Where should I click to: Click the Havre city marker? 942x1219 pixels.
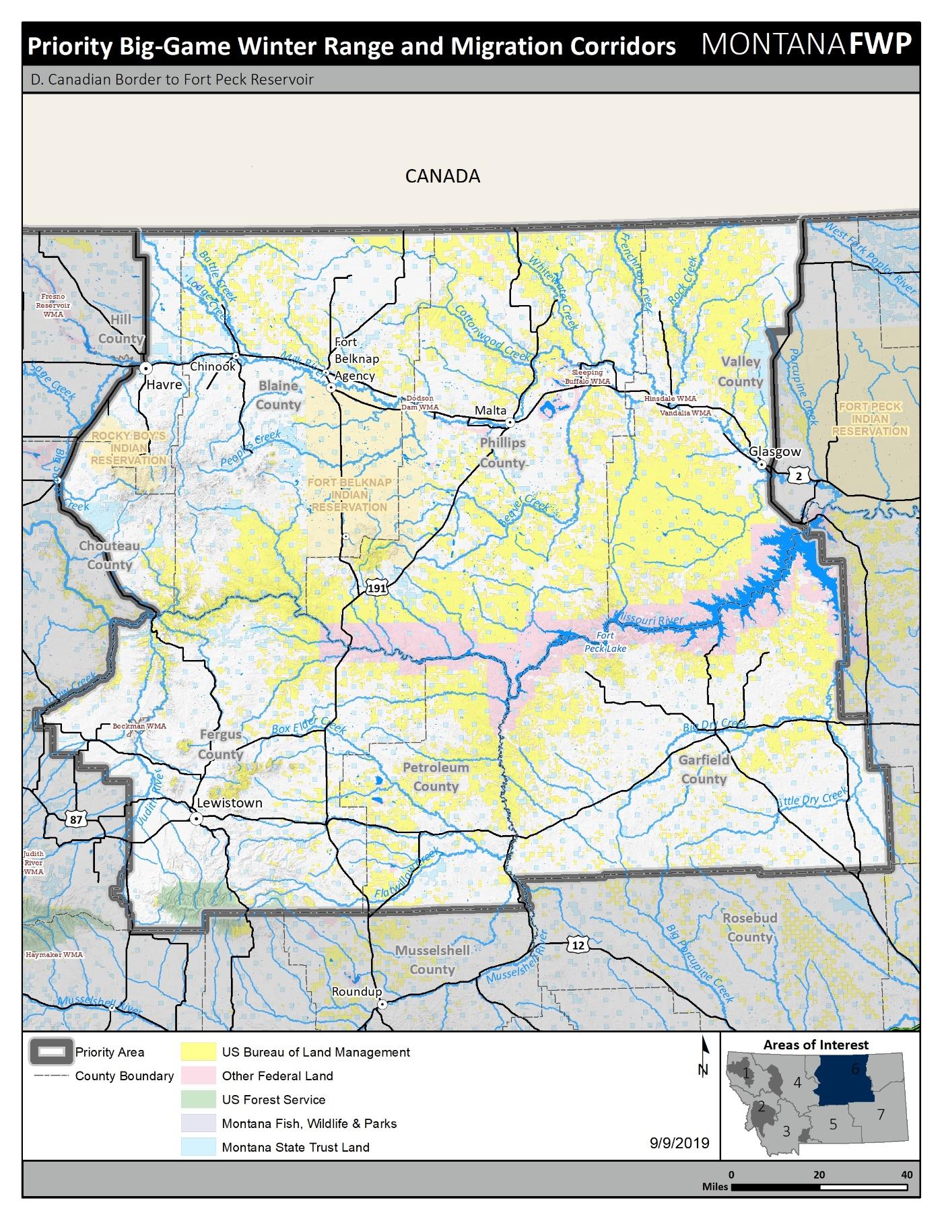[145, 368]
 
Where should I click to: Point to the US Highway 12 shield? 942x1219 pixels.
[578, 944]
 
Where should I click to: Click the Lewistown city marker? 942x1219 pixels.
[196, 819]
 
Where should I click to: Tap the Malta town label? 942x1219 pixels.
[490, 410]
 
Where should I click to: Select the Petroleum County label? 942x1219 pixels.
[436, 777]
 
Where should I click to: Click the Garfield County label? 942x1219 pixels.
[704, 769]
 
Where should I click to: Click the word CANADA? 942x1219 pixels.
[442, 176]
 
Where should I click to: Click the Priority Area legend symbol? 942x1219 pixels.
[51, 1052]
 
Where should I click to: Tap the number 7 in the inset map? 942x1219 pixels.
[880, 1114]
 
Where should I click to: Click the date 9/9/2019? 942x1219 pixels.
[679, 1143]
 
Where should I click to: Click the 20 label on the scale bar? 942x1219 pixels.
[819, 1175]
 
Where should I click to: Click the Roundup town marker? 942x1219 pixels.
[382, 1004]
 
